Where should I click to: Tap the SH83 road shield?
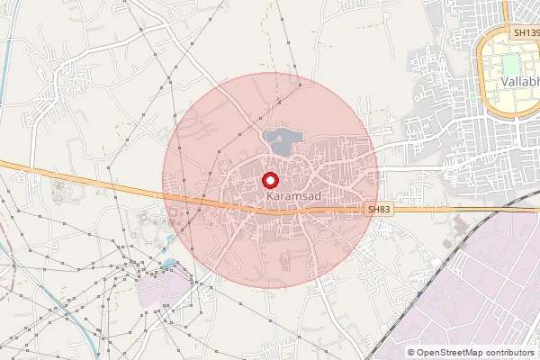379,209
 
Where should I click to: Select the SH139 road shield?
524,32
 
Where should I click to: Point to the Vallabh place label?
519,82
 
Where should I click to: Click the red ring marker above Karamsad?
269,179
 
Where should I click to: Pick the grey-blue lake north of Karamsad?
282,140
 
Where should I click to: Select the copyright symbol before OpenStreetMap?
411,353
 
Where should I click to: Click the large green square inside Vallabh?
510,66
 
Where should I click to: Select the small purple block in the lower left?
163,289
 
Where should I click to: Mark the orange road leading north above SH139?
507,11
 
